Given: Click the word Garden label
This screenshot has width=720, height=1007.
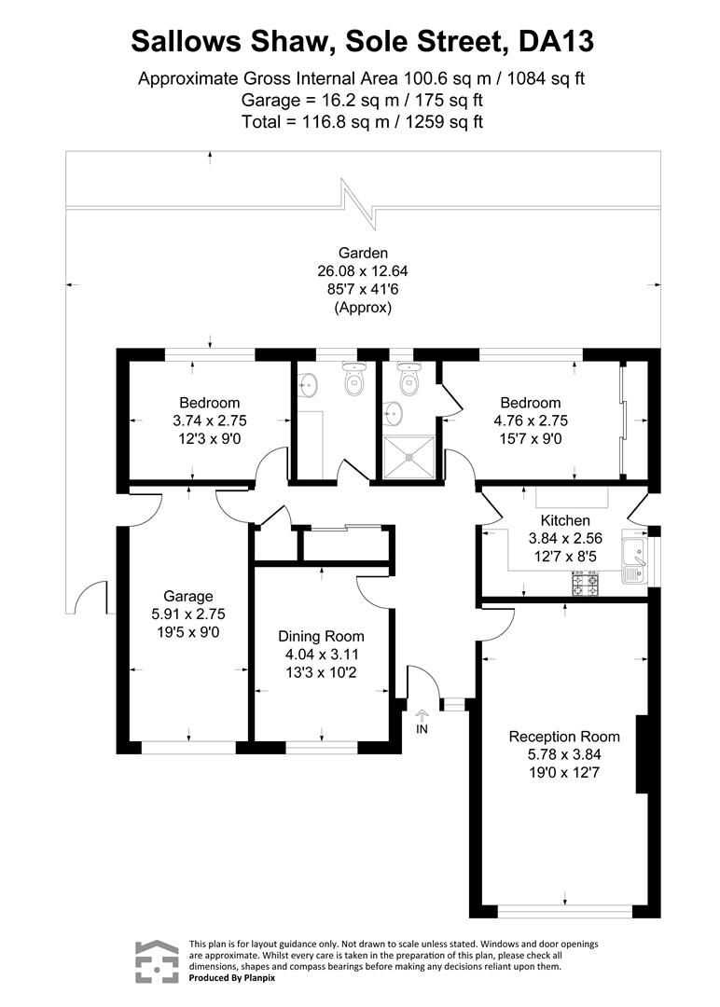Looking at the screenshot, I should (362, 253).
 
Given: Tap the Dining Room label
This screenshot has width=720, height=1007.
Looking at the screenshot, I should (321, 636).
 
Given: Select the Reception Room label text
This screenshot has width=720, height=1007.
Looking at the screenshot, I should (563, 737).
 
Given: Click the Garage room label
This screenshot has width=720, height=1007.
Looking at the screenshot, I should (188, 596).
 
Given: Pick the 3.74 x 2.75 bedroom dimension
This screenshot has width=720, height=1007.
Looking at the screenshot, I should (210, 420).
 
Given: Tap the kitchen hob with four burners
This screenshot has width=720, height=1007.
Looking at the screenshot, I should (585, 585).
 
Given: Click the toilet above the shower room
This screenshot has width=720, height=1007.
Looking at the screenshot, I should (408, 379).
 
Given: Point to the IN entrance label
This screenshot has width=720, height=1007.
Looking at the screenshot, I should (422, 729).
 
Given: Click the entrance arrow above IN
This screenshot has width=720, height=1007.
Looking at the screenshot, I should (422, 714).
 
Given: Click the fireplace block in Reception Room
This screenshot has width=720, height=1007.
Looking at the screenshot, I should (642, 754).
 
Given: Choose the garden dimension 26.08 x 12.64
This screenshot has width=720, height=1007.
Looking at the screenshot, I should (362, 271).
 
